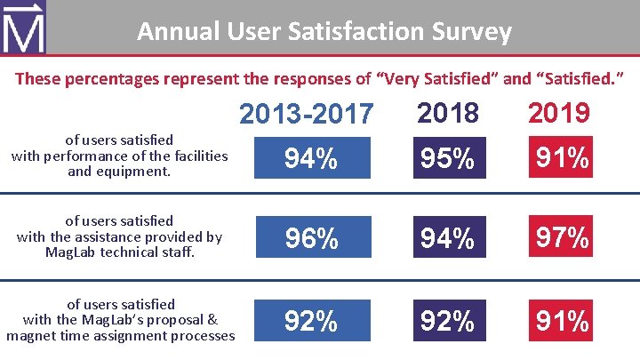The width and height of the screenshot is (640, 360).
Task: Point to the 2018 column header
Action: click(448, 112)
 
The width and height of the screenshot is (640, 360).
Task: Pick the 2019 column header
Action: click(558, 112)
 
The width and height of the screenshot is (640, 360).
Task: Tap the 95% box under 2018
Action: click(448, 158)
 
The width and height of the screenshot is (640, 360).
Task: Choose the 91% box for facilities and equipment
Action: click(559, 158)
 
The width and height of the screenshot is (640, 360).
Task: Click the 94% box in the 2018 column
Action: click(448, 238)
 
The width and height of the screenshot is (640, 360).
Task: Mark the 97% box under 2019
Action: click(559, 238)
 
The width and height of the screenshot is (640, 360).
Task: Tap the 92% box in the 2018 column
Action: click(448, 320)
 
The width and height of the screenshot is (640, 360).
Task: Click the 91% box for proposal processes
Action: click(559, 320)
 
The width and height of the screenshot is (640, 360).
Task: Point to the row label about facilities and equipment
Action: click(120, 156)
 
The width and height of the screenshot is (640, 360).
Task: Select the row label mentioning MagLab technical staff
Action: click(120, 236)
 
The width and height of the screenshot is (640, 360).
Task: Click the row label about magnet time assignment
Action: click(120, 320)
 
